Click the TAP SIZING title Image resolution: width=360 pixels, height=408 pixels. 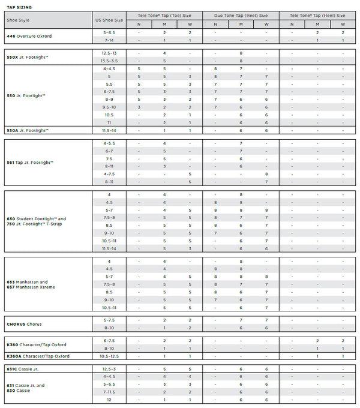(19, 6)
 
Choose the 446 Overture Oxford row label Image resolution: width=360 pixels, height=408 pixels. (29, 36)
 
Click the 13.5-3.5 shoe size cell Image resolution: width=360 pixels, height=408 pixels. (109, 61)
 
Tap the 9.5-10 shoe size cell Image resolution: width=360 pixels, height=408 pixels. (109, 107)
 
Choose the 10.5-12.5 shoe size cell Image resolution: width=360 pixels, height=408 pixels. (109, 356)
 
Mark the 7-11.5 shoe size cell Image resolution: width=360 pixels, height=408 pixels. (109, 391)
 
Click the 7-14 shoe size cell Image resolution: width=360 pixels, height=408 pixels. (109, 40)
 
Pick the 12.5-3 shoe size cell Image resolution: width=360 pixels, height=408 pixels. (109, 369)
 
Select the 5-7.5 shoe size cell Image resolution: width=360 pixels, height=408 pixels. (109, 320)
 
